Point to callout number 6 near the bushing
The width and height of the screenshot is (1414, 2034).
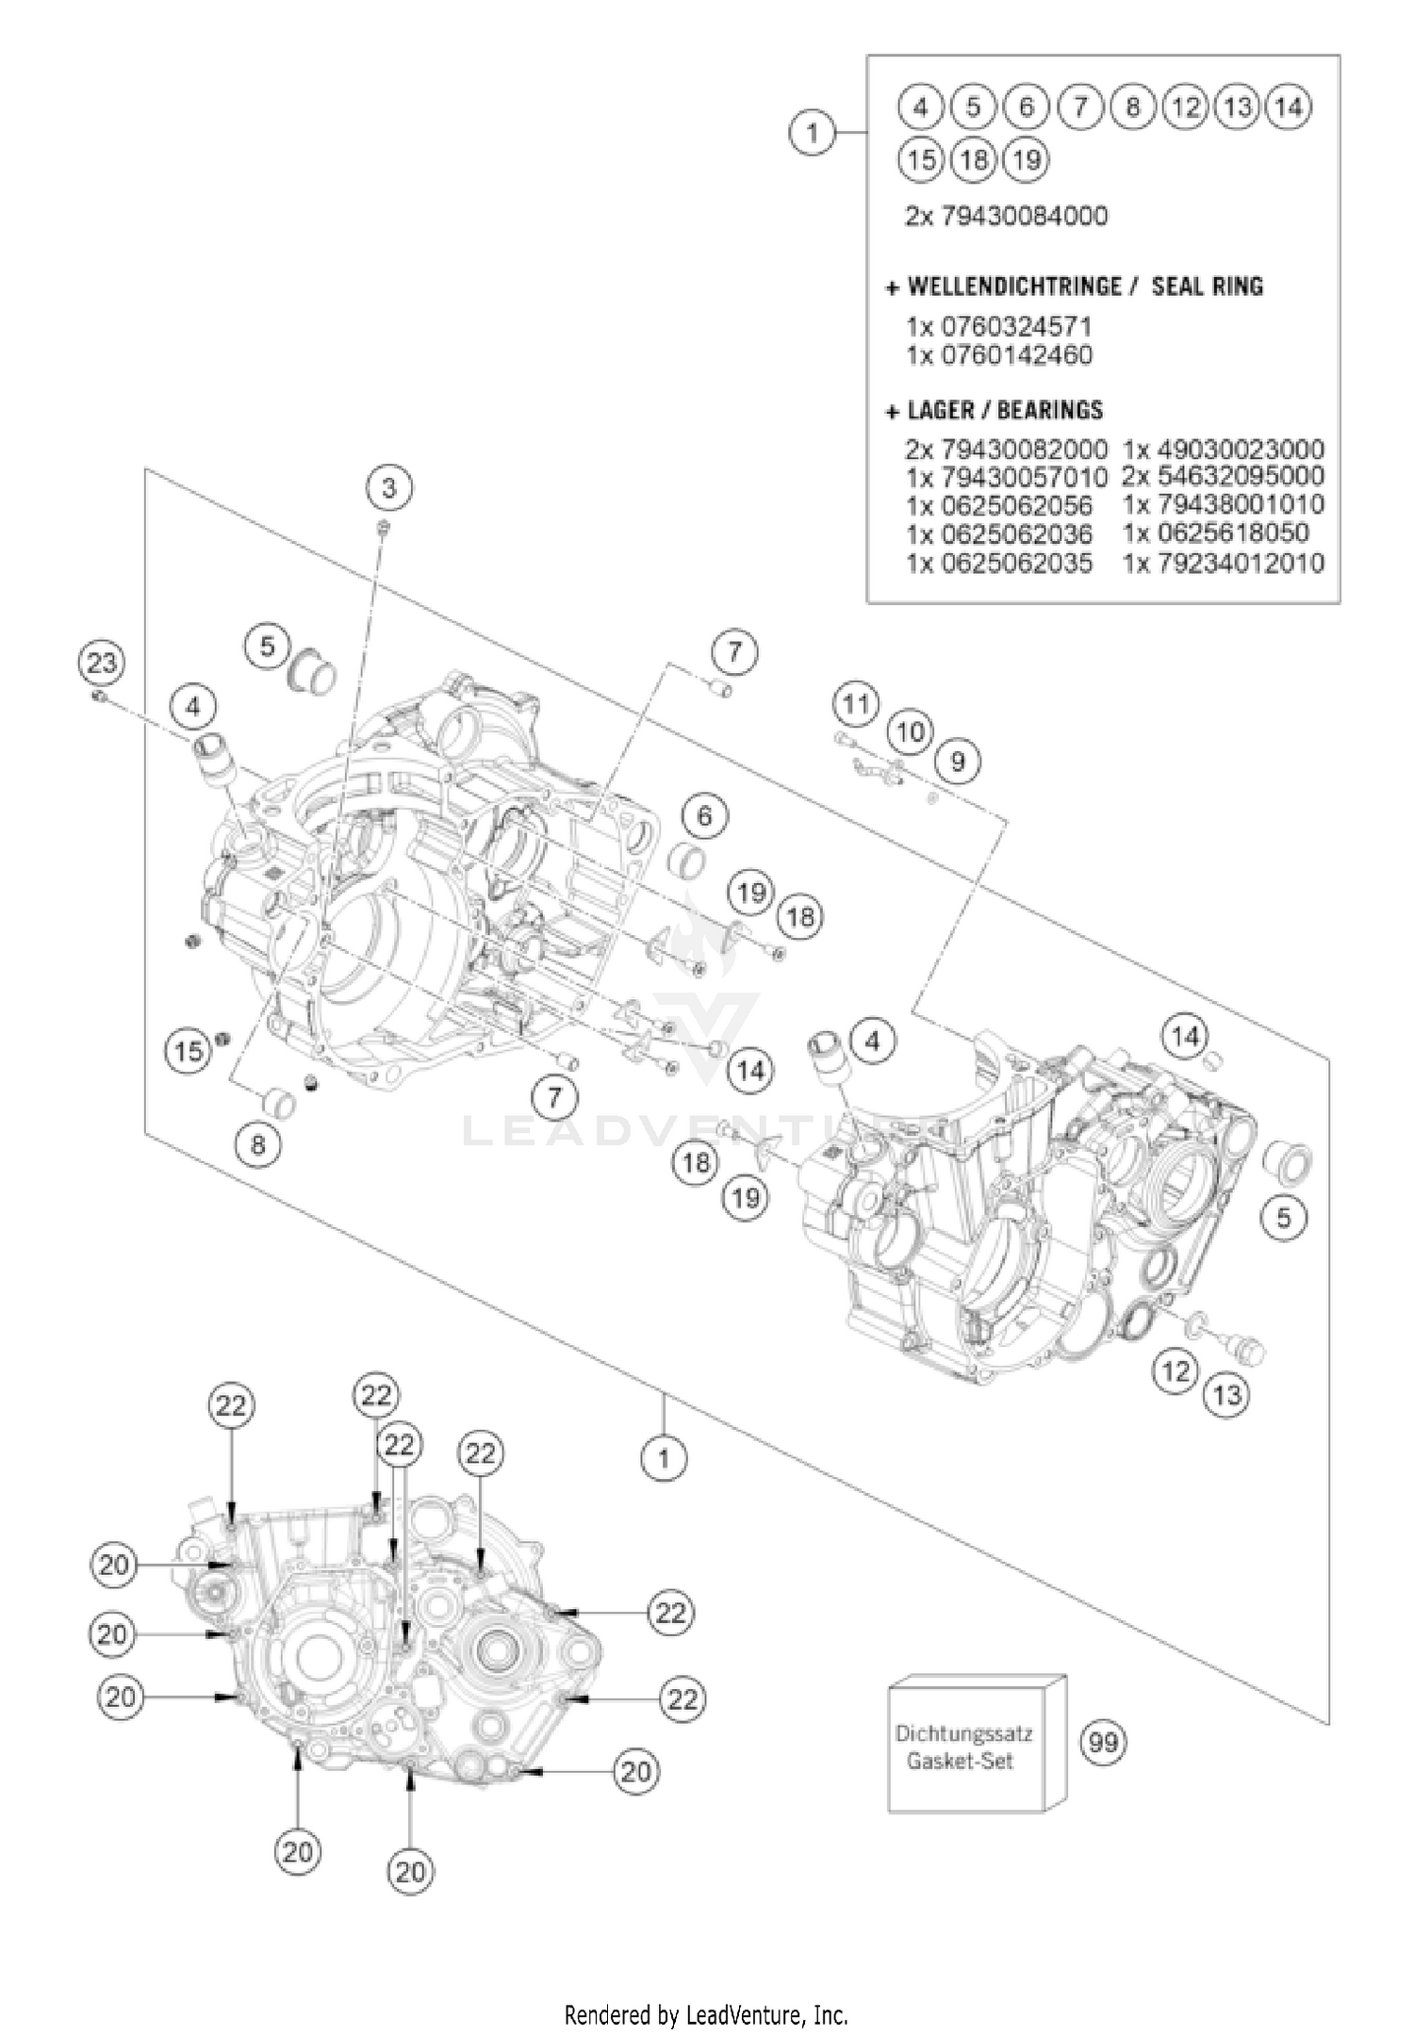pyautogui.click(x=704, y=815)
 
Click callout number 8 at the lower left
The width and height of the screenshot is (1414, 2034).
pyautogui.click(x=258, y=1144)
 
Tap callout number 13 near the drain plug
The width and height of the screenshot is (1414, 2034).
pyautogui.click(x=1227, y=1394)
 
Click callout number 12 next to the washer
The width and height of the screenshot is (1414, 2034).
pyautogui.click(x=1176, y=1370)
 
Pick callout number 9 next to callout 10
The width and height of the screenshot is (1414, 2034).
pyautogui.click(x=958, y=761)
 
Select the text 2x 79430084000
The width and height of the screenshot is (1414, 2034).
pyautogui.click(x=1006, y=217)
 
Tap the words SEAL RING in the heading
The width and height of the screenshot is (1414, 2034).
pyautogui.click(x=1208, y=287)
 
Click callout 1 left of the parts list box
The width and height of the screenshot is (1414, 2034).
pyautogui.click(x=812, y=132)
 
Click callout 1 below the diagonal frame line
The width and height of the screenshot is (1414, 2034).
pyautogui.click(x=664, y=1459)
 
